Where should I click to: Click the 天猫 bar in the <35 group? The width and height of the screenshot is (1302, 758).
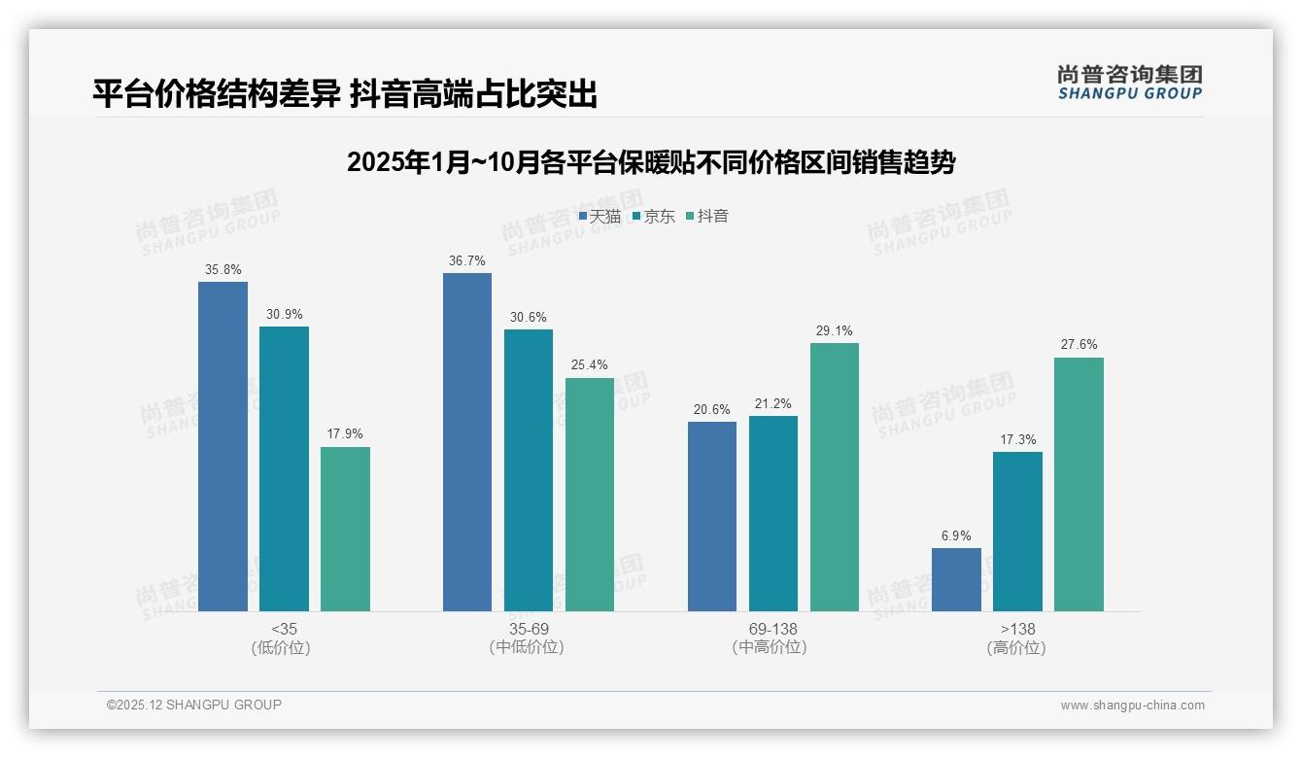(223, 446)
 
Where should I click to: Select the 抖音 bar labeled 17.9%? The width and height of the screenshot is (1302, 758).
(345, 529)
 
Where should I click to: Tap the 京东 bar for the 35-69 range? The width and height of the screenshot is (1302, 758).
(528, 470)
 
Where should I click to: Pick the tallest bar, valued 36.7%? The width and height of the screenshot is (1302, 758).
(467, 442)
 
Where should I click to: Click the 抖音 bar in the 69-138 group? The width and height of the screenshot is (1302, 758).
(835, 477)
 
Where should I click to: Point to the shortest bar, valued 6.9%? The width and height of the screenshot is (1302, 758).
(956, 579)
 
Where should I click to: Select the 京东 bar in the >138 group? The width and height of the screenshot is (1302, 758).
(1017, 532)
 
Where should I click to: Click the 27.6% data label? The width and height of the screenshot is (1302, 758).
(1079, 345)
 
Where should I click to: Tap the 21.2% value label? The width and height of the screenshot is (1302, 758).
(772, 403)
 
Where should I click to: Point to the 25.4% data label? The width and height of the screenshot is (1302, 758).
(590, 365)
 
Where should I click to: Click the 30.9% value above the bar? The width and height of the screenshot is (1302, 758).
(284, 314)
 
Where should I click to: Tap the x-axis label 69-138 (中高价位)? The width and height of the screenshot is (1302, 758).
(772, 637)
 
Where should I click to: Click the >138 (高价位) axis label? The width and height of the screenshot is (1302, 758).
(1016, 637)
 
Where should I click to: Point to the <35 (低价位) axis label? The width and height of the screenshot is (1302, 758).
(284, 637)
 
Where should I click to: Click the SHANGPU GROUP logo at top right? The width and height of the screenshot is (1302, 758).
(1129, 83)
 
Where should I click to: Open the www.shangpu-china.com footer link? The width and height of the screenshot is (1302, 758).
(1132, 706)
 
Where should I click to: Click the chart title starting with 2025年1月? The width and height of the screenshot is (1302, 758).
(651, 162)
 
